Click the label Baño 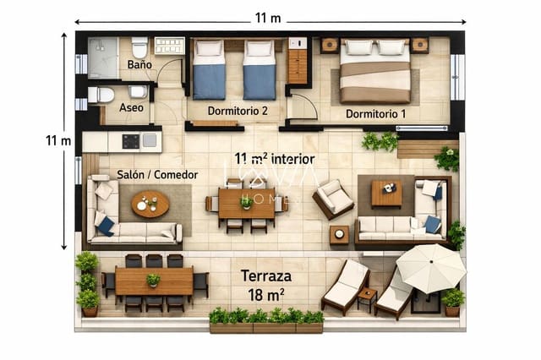[139, 64]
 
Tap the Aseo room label [131, 107]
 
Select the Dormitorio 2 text [238, 110]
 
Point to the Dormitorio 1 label [375, 113]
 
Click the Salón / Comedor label [157, 174]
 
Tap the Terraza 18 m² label [266, 284]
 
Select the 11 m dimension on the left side [57, 140]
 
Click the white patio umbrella [430, 266]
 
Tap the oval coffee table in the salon [150, 204]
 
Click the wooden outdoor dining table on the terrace [154, 281]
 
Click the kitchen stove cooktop [131, 140]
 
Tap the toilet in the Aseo [102, 95]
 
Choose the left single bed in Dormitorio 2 [209, 68]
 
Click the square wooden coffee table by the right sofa [386, 194]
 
